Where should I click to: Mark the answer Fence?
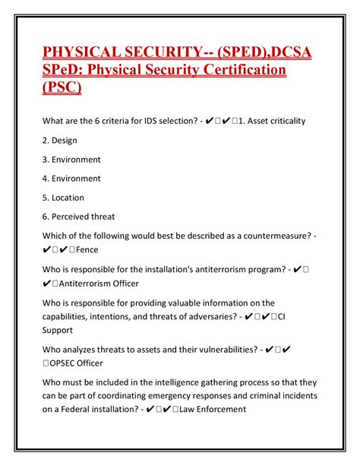point(87,249)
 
